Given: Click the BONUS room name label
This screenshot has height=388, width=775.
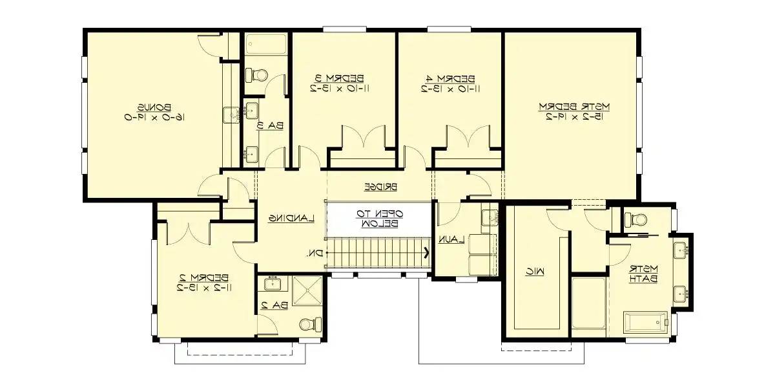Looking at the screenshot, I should tap(153, 107).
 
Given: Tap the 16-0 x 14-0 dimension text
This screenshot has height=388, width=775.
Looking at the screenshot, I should tap(153, 117).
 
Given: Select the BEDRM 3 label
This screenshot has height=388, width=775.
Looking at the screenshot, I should tap(343, 77).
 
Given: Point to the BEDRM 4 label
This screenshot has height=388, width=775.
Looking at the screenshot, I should tap(450, 77).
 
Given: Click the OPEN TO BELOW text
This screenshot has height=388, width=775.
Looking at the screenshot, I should tap(380, 219).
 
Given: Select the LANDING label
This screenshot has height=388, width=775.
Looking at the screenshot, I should tap(291, 218).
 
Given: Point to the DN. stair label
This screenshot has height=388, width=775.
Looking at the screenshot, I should tap(315, 253).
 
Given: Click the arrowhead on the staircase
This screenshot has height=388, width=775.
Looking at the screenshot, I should tap(426, 252).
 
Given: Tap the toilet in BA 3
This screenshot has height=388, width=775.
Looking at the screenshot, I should tap(256, 75).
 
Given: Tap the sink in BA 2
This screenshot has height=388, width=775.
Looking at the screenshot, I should tap(271, 283).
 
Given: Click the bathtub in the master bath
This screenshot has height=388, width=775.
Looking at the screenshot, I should tap(645, 321).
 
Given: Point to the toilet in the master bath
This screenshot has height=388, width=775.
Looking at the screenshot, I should tap(634, 219).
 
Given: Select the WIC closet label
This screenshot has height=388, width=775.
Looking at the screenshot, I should tap(537, 273).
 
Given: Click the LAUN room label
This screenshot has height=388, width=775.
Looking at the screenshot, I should tap(452, 239).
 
